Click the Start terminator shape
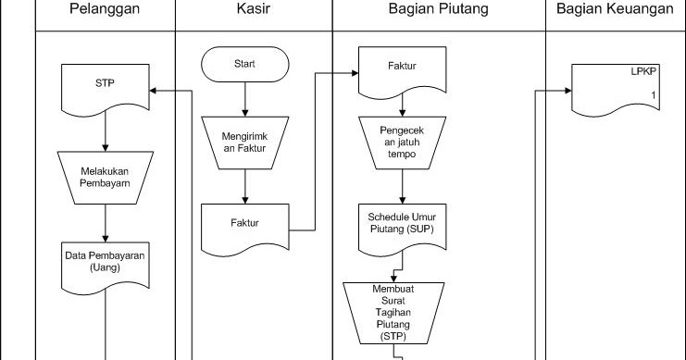coord(245,64)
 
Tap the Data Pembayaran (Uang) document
coord(106,259)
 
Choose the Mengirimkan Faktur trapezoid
coord(245,143)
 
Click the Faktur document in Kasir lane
coord(245,223)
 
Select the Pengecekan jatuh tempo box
coord(401,143)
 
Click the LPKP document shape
coord(614,85)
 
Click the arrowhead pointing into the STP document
coord(156,90)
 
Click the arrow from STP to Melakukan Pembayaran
coord(106,134)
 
